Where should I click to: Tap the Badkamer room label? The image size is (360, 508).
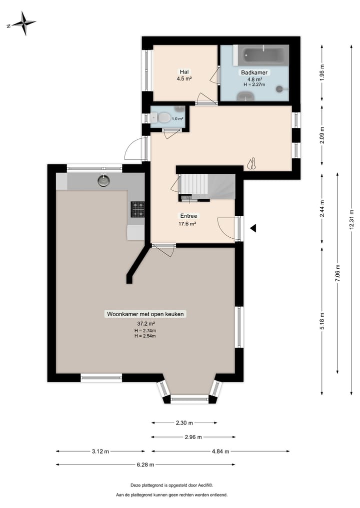tap(254, 72)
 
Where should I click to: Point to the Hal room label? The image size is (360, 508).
tap(184, 71)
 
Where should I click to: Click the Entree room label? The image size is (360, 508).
tap(188, 216)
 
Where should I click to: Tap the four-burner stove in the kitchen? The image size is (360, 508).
tap(137, 209)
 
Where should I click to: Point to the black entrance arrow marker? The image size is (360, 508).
tap(253, 228)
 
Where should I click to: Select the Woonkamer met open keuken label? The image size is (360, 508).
tap(145, 314)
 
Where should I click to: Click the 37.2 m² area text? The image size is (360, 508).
tap(145, 323)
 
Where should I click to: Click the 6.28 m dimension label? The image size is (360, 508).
tap(145, 465)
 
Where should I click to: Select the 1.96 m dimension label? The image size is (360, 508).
tap(322, 73)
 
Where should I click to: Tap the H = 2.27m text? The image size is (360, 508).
tap(254, 84)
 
